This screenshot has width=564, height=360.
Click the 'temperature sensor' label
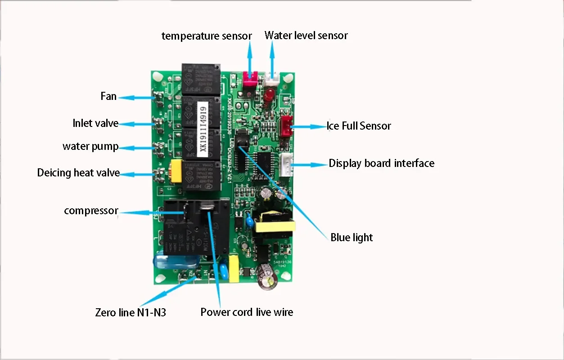point(207,36)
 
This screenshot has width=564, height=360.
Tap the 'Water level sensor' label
point(306,35)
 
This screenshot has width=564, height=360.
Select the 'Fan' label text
point(108,96)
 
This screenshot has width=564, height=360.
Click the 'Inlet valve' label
point(95,123)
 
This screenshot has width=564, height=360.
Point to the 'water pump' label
point(90,147)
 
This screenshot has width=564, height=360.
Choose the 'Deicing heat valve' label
point(78,173)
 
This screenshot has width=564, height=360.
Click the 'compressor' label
point(91,211)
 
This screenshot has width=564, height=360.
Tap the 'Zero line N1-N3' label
point(131,312)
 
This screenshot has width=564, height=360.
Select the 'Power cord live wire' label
point(247,312)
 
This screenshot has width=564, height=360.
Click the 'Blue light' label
point(352,238)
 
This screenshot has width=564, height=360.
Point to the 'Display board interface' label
point(381,163)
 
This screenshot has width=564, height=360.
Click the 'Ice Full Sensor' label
point(359,126)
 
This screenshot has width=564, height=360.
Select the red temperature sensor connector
point(249,79)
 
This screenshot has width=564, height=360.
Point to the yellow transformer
point(275,225)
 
